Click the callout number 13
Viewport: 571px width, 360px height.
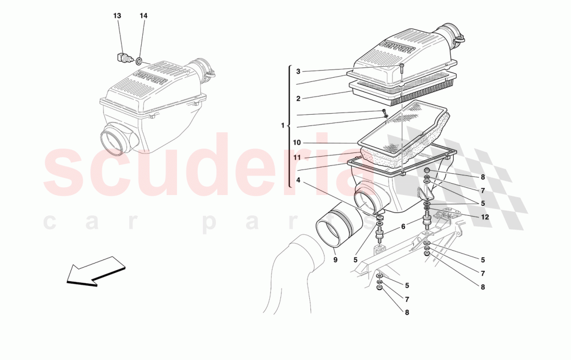[117, 16]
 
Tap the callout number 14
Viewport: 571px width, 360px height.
[143, 16]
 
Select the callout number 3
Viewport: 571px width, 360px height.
[298, 72]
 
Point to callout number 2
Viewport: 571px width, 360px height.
[298, 98]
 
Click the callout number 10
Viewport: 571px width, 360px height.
[297, 143]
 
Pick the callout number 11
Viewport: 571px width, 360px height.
[297, 158]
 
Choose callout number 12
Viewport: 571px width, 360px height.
[485, 217]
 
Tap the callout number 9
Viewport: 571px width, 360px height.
[335, 259]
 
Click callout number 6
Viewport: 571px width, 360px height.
[403, 226]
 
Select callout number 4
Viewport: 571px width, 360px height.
[298, 180]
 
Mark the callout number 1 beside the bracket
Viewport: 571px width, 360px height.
[282, 126]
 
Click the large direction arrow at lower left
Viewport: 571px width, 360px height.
[96, 271]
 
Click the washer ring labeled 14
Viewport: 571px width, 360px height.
[140, 61]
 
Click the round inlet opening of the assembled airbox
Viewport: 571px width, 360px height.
[113, 140]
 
